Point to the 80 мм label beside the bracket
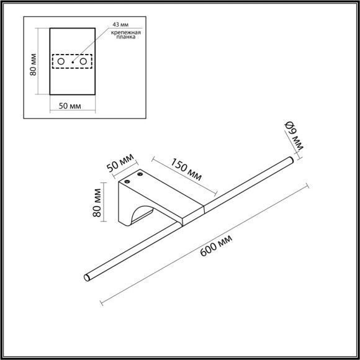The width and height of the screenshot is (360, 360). pyautogui.click(x=96, y=203)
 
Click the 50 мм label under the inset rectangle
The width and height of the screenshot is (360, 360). pyautogui.click(x=71, y=106)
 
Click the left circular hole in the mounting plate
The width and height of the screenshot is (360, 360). pyautogui.click(x=61, y=62)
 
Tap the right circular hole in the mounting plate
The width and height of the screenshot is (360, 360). pyautogui.click(x=83, y=62)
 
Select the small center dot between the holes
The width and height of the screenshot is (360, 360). pyautogui.click(x=72, y=62)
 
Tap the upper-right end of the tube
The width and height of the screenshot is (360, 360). pyautogui.click(x=290, y=161)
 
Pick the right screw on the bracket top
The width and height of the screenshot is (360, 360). pyautogui.click(x=142, y=174)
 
